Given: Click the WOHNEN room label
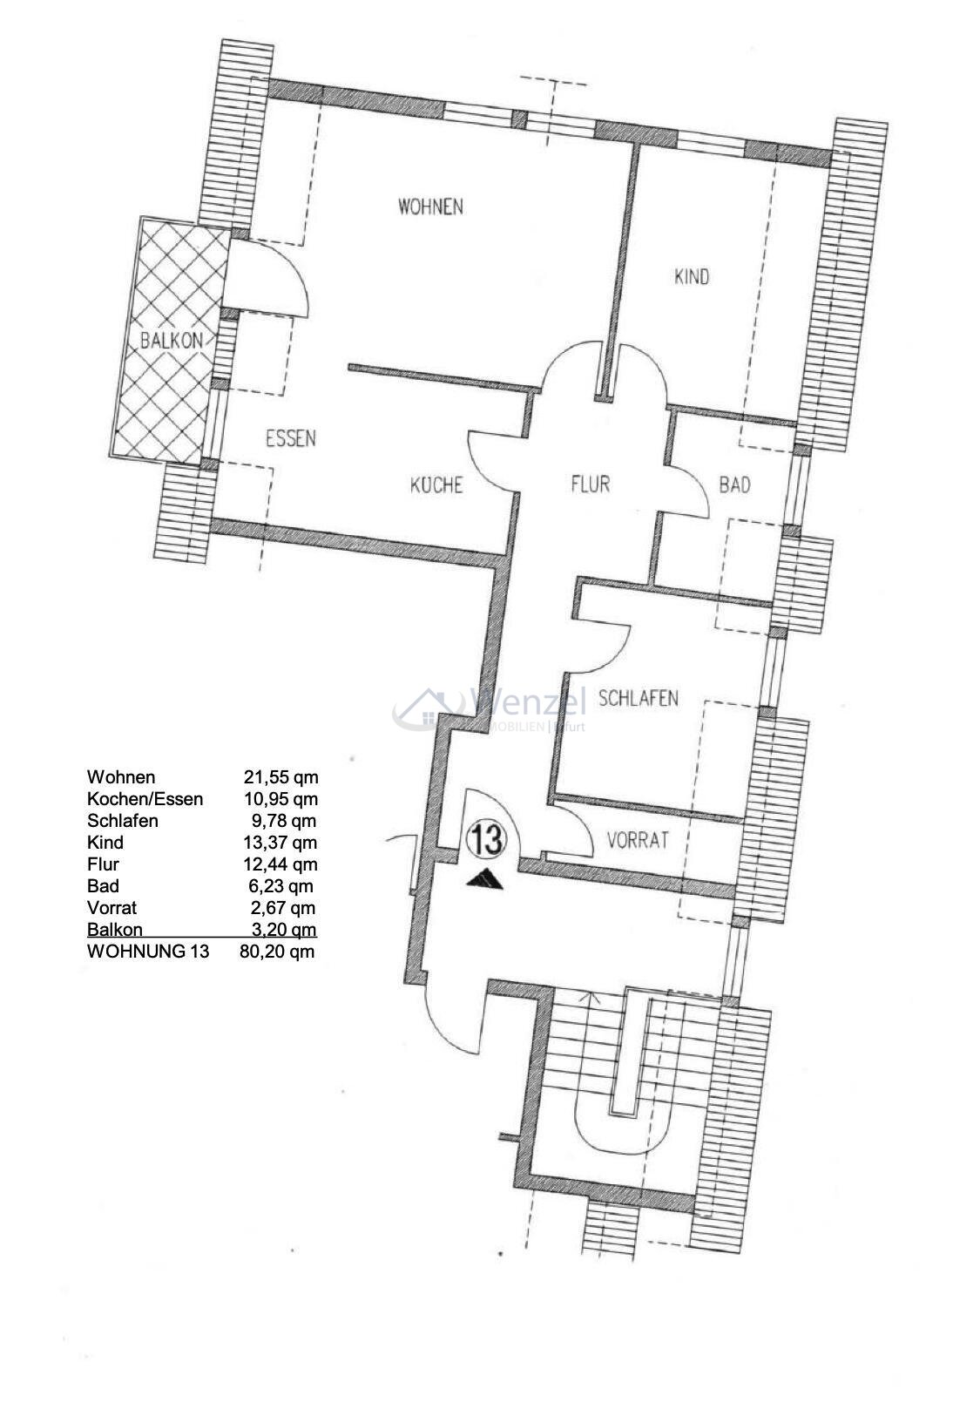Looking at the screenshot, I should [430, 207].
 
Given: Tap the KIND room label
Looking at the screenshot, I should [692, 277].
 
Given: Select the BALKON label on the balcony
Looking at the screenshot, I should [172, 341].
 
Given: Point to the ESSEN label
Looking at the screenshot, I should [291, 438].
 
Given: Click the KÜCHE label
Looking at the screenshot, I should [436, 484].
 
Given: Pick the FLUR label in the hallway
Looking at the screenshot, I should [590, 483].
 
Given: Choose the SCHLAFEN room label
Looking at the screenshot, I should [638, 698].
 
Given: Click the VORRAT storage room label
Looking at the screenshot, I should [638, 840].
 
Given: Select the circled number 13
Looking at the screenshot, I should [486, 839].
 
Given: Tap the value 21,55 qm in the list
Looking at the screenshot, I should [280, 777].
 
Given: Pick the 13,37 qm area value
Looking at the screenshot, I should [280, 843].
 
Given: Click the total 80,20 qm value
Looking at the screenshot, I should [277, 952].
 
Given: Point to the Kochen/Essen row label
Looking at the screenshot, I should [145, 799].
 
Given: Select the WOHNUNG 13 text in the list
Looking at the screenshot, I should [148, 952].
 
